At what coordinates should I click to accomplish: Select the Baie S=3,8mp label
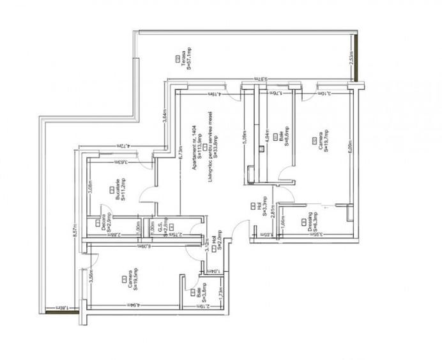coord(202,295)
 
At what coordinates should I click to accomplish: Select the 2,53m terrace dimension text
coord(353,58)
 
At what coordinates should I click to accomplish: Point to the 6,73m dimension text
coord(181,151)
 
